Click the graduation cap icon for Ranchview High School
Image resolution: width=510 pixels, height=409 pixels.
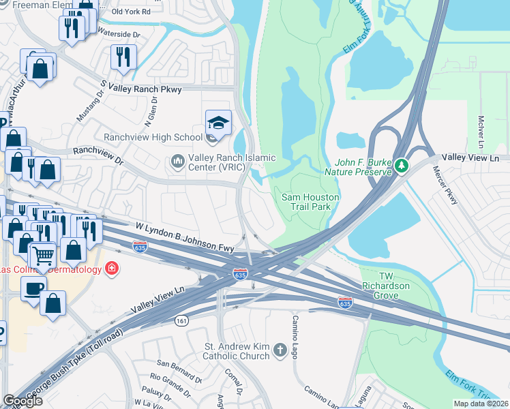[218, 123]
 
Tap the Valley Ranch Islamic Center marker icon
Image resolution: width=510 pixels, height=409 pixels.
[178, 162]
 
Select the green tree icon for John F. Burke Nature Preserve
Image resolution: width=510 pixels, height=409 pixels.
[402, 165]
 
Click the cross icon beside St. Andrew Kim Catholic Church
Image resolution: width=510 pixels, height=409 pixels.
[280, 350]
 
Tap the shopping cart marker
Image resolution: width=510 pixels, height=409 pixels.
[42, 256]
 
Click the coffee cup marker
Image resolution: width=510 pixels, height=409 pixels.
[33, 288]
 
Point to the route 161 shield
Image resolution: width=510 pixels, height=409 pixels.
[181, 322]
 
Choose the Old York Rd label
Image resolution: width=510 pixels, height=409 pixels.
[132, 12]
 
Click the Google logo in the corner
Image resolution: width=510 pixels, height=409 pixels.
[22, 401]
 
